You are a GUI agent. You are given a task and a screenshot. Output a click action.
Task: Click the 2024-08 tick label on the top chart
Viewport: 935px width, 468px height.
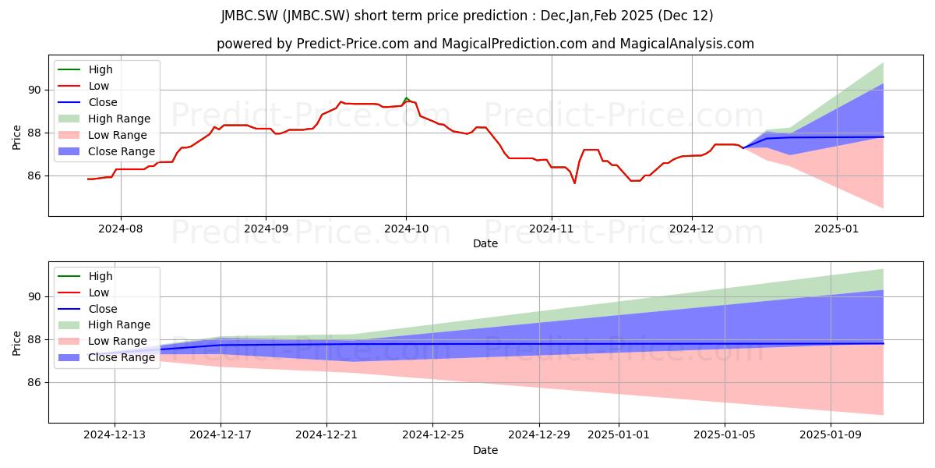tap(120, 229)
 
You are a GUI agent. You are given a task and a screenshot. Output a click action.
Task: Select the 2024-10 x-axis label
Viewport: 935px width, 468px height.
tap(406, 229)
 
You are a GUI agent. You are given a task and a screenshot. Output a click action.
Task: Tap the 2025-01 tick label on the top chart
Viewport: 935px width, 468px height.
tap(837, 229)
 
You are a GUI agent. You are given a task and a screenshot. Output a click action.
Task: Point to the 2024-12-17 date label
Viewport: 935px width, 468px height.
tap(221, 435)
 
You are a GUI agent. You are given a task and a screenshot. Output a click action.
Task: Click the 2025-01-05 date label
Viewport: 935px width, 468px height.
tap(725, 435)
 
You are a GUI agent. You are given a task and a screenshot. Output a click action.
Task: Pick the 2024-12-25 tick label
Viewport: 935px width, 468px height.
tap(433, 435)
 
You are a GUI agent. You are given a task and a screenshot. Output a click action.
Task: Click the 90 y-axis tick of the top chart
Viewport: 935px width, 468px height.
tap(34, 90)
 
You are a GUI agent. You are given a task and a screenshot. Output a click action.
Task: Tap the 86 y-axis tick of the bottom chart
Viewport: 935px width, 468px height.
tap(34, 383)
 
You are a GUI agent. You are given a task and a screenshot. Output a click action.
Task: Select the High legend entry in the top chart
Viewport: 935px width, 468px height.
tap(85, 69)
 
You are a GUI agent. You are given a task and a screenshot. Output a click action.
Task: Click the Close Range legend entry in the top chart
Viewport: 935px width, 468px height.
tap(107, 151)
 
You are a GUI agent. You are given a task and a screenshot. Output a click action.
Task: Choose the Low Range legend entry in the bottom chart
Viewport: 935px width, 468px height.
tap(102, 341)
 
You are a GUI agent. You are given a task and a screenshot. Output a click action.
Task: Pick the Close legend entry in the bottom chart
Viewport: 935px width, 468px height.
tap(87, 309)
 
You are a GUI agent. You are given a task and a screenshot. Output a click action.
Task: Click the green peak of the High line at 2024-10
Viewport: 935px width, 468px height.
tap(406, 97)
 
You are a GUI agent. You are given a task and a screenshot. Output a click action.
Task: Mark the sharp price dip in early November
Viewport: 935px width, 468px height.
tap(575, 183)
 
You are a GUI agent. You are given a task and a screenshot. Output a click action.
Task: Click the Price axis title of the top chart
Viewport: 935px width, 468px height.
tap(16, 137)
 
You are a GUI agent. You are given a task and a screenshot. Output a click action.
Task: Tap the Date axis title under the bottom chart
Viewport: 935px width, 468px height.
tap(485, 450)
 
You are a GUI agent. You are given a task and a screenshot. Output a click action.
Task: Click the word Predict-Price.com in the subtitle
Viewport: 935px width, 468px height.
tap(353, 44)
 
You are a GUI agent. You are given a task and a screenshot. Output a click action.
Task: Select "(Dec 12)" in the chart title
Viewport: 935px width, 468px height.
tap(686, 16)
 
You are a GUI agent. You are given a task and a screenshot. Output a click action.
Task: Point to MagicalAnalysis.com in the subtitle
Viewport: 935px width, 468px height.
tap(687, 44)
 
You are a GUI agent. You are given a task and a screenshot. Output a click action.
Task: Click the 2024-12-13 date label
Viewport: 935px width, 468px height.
tap(115, 435)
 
